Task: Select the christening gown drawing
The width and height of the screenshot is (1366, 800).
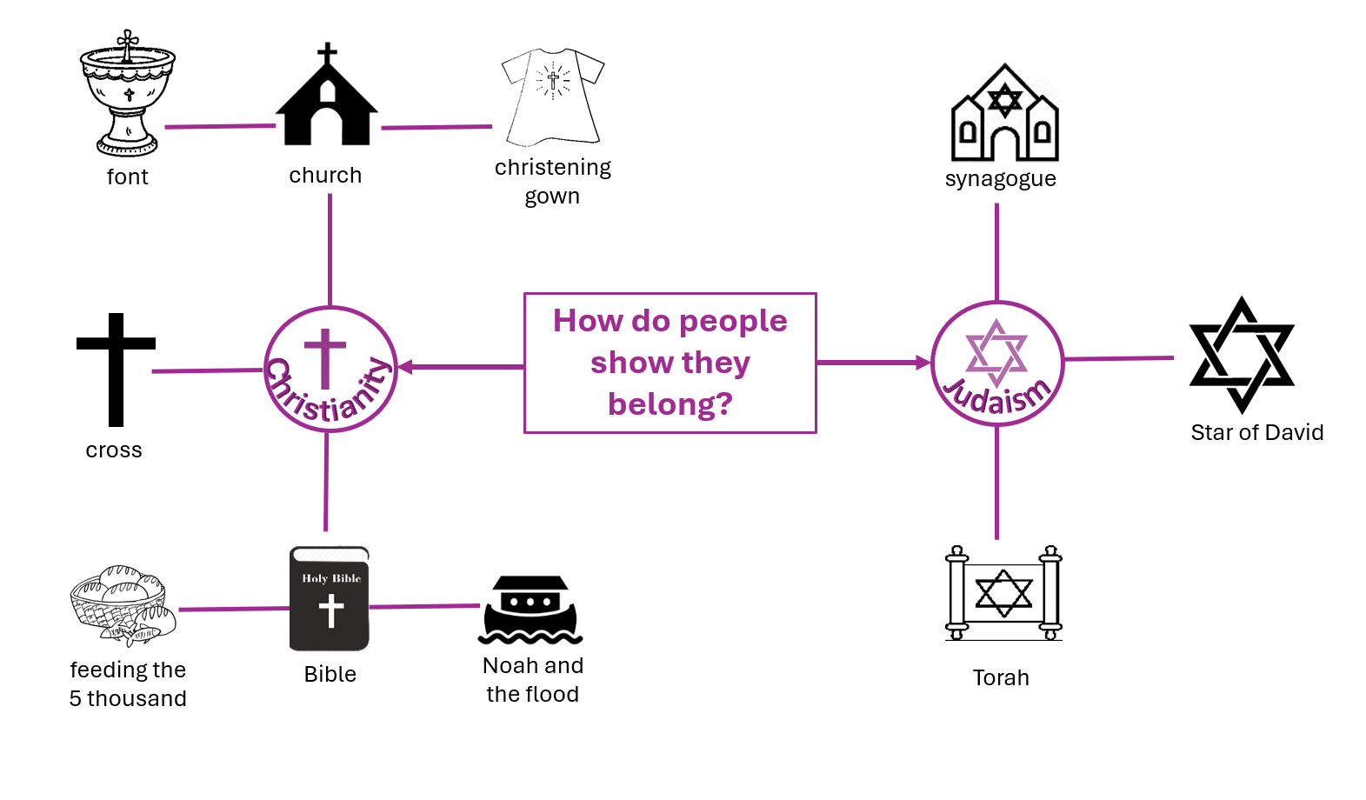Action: pos(552,97)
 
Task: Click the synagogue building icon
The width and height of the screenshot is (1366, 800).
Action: pos(1004,112)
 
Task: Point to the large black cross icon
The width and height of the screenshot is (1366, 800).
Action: pos(116,370)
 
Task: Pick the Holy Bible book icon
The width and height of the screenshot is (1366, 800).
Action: pos(330,598)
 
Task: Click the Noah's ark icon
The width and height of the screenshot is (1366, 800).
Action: pos(530,610)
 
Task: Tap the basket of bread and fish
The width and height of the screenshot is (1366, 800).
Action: pos(123,605)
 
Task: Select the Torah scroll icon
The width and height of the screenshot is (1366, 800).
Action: pos(1003,593)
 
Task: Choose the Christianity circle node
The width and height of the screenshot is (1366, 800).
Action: pos(330,369)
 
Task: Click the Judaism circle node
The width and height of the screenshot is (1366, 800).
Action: pos(997,363)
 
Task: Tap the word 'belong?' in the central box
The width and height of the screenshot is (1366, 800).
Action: pos(670,404)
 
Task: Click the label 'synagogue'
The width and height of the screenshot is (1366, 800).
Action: pos(1001,179)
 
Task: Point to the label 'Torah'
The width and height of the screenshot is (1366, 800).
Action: pos(1001,677)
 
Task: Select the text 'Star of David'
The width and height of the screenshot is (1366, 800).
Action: pos(1256,432)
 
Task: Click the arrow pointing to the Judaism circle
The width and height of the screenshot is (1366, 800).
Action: pos(873,363)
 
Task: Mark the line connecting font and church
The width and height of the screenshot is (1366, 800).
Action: pos(220,126)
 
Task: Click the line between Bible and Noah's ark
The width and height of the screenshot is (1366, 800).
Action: pos(424,606)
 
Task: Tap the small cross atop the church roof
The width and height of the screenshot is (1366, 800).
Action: pos(328,53)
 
